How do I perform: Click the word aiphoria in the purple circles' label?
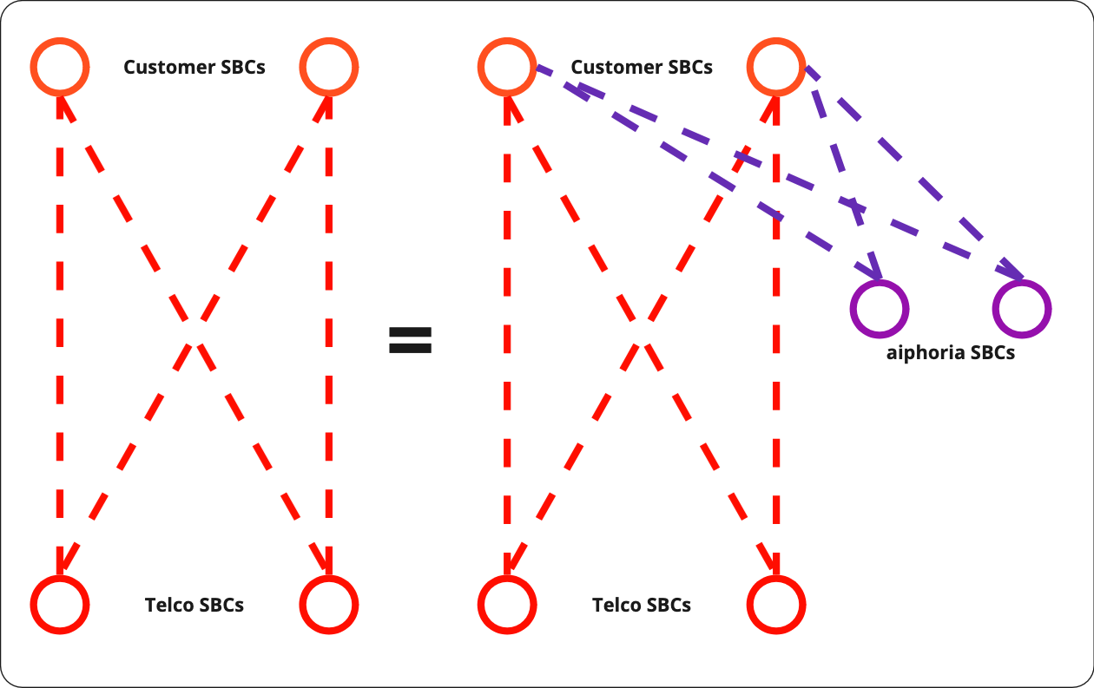pyautogui.click(x=918, y=353)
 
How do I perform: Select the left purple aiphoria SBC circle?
pyautogui.click(x=880, y=308)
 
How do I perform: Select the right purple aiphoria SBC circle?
pyautogui.click(x=1022, y=308)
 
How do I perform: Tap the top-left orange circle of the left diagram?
pyautogui.click(x=60, y=66)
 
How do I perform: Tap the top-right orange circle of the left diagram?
pyautogui.click(x=328, y=66)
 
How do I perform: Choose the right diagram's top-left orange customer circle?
pyautogui.click(x=507, y=66)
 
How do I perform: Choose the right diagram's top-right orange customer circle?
pyautogui.click(x=776, y=66)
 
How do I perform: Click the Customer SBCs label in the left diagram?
pyautogui.click(x=194, y=67)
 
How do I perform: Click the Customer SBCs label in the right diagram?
pyautogui.click(x=642, y=67)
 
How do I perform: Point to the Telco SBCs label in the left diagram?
pyautogui.click(x=194, y=605)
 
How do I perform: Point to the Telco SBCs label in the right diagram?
pyautogui.click(x=642, y=605)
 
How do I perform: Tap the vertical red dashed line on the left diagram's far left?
pyautogui.click(x=60, y=330)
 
